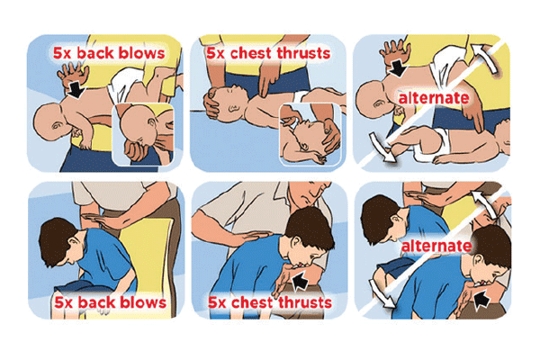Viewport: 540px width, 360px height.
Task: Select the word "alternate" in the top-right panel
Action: click(434, 98)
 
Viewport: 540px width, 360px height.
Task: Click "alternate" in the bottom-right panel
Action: click(436, 246)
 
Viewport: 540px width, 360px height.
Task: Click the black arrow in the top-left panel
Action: click(76, 89)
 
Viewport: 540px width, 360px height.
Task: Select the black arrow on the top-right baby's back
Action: click(398, 67)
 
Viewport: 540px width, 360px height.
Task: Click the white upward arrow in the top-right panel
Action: click(485, 58)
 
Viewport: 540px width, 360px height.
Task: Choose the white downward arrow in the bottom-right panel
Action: click(382, 292)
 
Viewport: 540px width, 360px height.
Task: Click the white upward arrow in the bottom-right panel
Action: click(485, 204)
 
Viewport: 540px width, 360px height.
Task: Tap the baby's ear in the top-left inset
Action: click(152, 123)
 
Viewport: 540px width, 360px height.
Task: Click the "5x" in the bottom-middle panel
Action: click(218, 302)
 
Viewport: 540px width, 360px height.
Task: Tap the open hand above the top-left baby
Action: click(72, 74)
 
